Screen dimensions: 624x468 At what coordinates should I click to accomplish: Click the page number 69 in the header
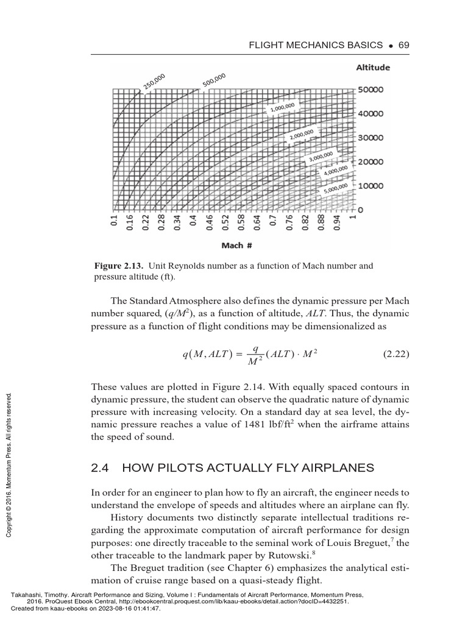click(403, 45)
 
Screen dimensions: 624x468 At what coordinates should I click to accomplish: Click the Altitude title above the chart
click(373, 68)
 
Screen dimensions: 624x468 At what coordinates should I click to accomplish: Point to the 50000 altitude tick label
click(370, 90)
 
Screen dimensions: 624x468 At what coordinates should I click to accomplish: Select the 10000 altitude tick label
click(370, 185)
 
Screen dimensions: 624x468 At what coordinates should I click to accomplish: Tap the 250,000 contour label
click(154, 82)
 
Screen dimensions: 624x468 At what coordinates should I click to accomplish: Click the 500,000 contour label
click(214, 80)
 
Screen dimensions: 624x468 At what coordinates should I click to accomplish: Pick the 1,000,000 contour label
click(282, 108)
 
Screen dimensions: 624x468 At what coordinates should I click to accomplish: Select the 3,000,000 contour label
click(321, 157)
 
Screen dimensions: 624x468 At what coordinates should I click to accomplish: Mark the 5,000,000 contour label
click(336, 188)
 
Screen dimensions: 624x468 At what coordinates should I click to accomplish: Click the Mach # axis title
click(232, 246)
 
